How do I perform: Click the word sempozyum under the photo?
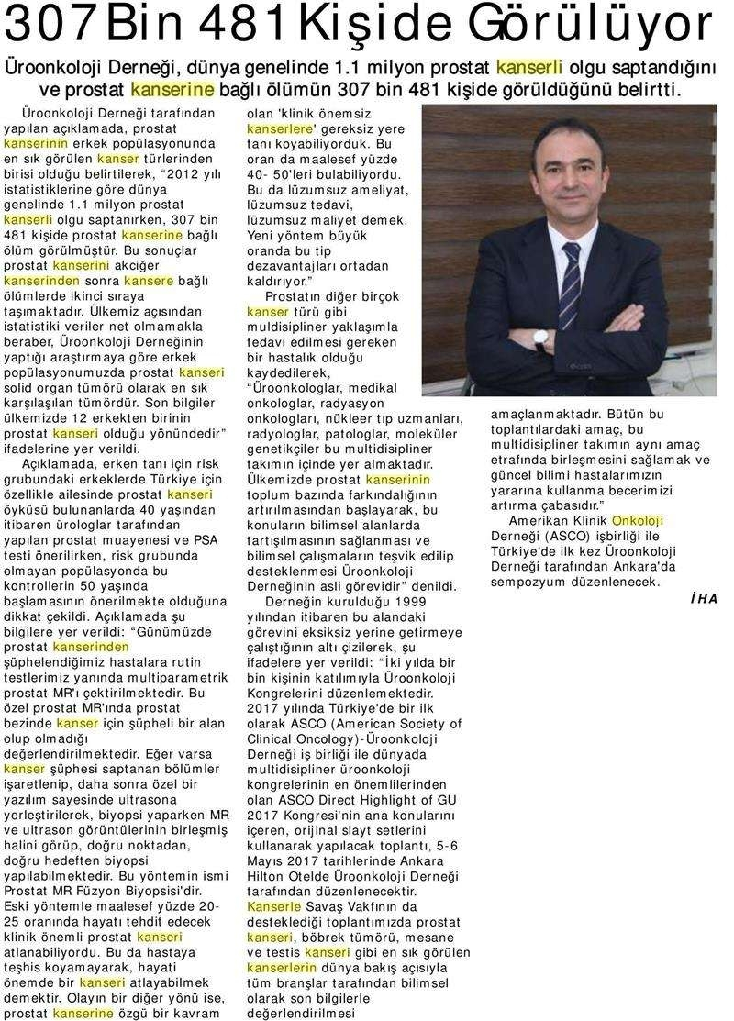pyautogui.click(x=532, y=583)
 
